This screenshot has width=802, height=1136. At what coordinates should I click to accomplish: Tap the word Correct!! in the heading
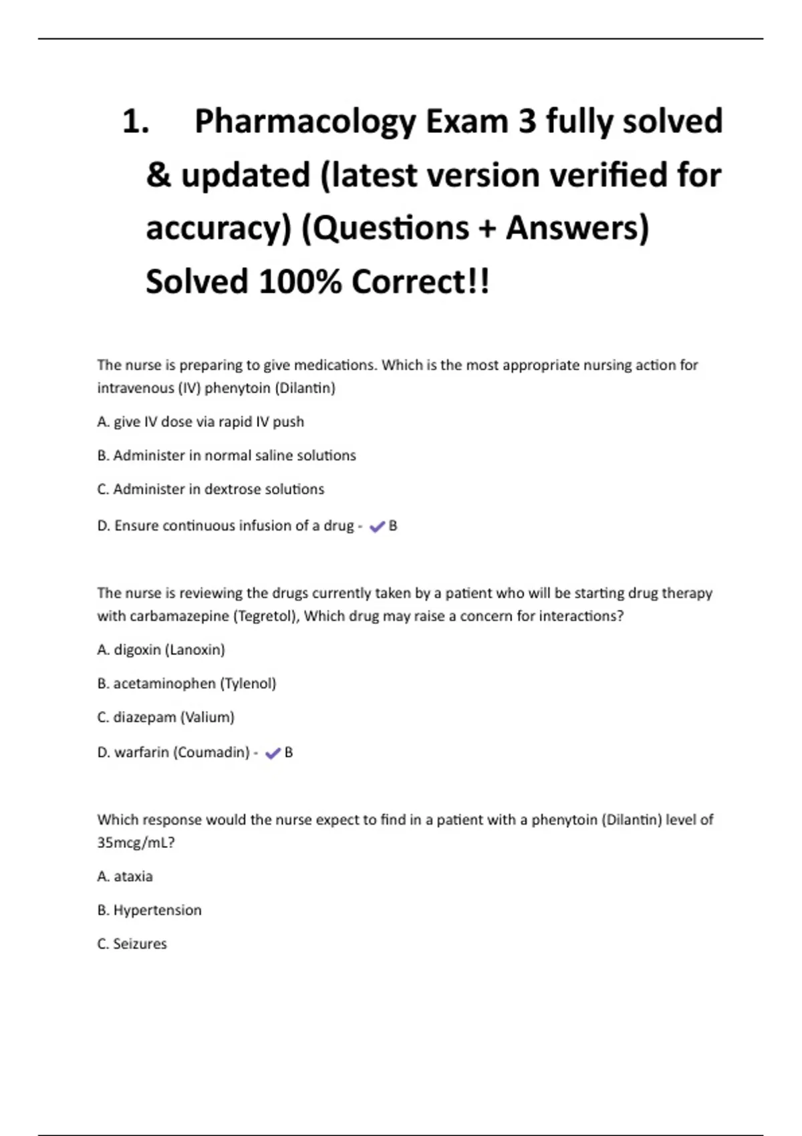point(420,282)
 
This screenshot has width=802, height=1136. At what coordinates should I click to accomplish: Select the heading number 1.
point(135,122)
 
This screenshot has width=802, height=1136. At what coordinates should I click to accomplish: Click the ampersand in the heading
point(158,176)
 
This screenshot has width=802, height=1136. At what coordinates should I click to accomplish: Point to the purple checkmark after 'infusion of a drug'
point(377,527)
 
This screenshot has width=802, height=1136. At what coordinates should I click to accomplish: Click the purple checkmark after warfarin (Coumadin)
point(272,754)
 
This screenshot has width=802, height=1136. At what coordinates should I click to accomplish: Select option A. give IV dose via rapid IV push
point(200,422)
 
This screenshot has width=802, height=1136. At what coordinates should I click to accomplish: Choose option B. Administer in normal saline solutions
point(227,456)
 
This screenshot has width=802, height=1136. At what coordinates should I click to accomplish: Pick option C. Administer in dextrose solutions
point(211,490)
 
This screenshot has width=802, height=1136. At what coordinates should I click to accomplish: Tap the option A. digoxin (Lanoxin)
point(161,650)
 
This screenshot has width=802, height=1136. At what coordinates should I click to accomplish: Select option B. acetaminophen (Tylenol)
point(186,684)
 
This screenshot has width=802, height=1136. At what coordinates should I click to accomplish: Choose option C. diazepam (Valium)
point(166,718)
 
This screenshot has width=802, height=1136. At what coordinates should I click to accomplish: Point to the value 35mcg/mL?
point(136,843)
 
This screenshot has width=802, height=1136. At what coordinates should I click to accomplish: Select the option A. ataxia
point(125,877)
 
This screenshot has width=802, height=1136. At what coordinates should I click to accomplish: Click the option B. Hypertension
point(149,911)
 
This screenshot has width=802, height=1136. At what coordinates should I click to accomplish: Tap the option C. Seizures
point(132,944)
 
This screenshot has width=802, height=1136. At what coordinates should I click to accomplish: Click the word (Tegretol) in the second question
point(266,616)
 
